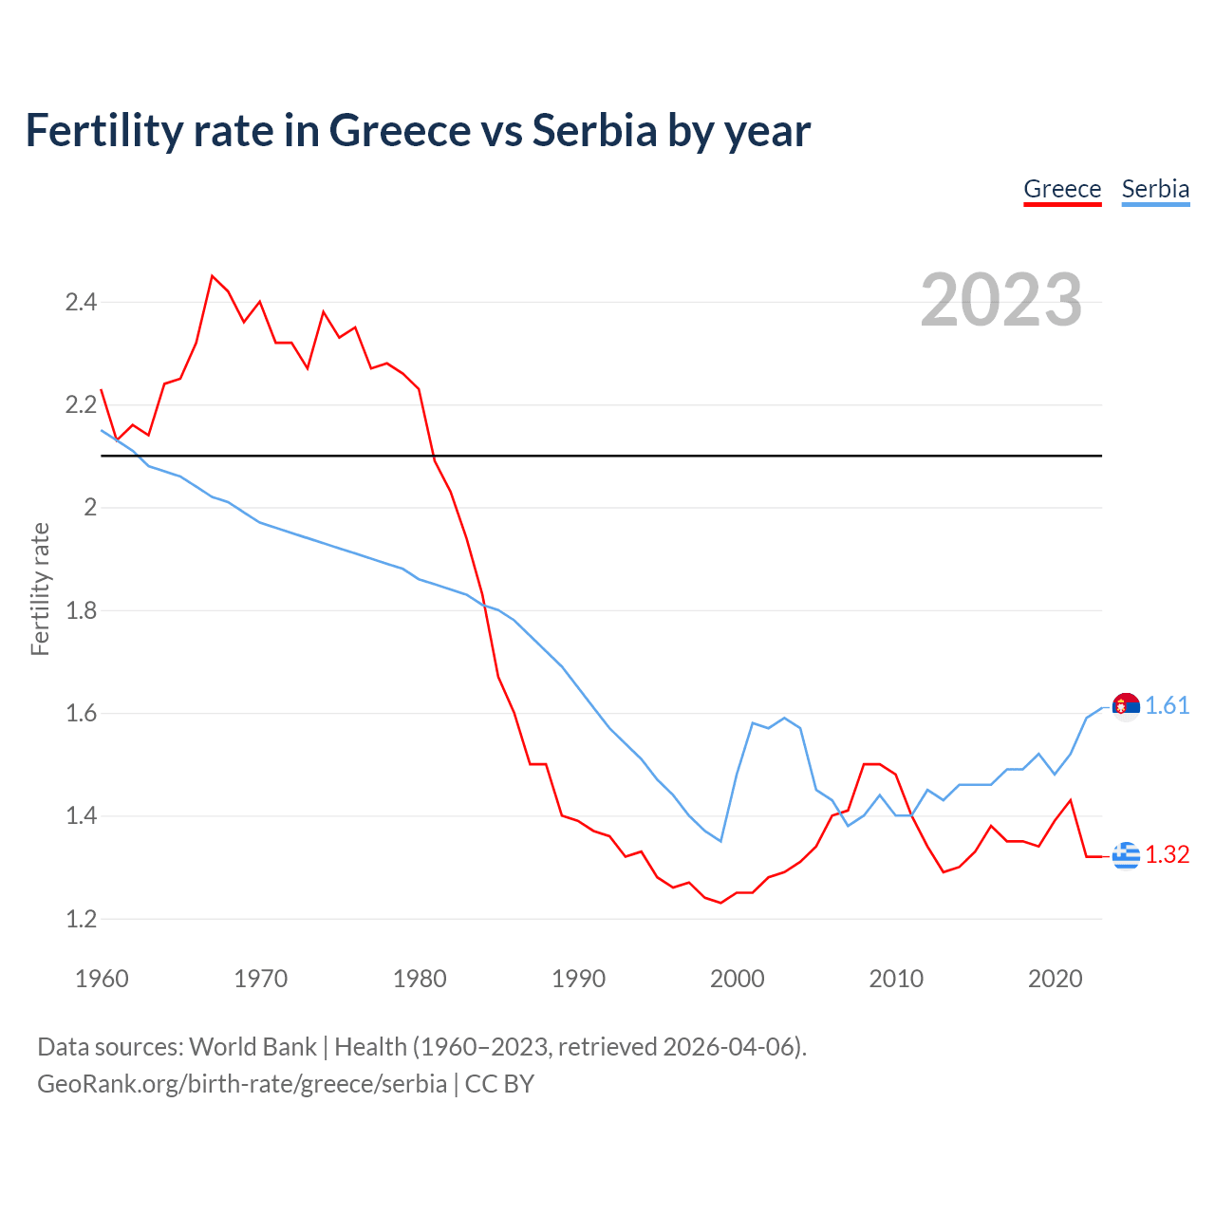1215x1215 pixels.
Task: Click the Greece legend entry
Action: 1062,189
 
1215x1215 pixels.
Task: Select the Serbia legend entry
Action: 1155,189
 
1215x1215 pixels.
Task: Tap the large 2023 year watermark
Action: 1001,300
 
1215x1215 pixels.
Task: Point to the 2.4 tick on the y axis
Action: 81,303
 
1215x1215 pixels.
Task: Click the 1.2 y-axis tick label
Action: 81,919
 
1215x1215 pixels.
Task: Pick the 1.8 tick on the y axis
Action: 81,610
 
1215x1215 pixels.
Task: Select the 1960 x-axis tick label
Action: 102,979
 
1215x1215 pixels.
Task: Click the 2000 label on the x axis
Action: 737,979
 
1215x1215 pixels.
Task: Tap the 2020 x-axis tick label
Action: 1055,979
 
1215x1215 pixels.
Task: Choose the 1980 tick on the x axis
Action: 420,979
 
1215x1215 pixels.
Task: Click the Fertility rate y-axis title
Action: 40,589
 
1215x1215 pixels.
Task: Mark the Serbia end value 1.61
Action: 1167,705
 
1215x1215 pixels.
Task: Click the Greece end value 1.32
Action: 1167,854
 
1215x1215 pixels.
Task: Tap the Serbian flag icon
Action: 1126,706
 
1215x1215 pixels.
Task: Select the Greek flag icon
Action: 1126,855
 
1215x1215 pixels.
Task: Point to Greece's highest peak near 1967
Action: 213,276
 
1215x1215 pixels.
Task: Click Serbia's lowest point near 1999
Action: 720,841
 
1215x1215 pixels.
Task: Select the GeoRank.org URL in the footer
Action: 242,1083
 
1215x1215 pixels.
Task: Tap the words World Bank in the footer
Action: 252,1046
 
